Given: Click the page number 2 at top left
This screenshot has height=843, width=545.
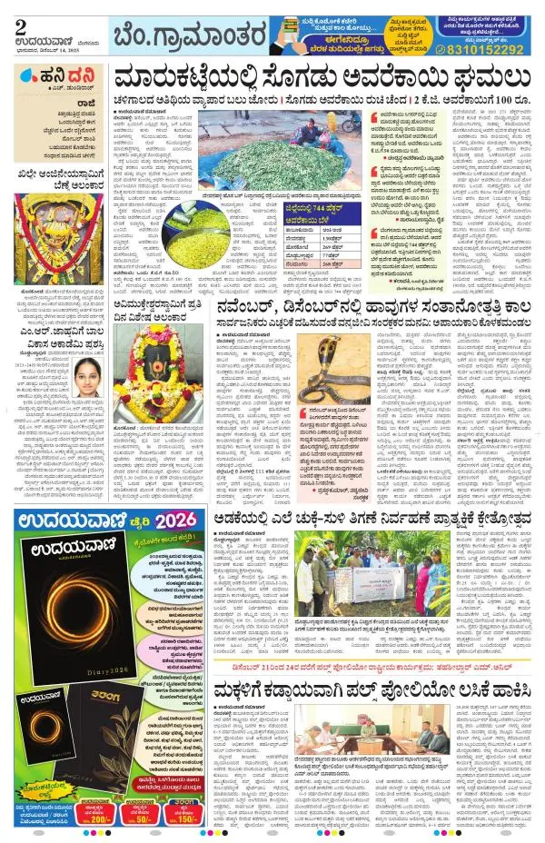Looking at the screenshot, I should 19,25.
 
